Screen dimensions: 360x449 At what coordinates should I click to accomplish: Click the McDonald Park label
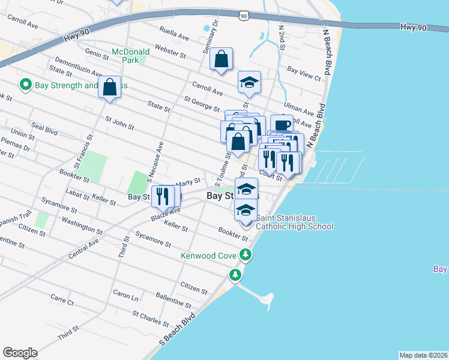[x=131, y=56]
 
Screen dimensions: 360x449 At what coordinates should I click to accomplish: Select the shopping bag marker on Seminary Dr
[x=221, y=60]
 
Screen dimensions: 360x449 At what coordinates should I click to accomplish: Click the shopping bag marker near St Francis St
[x=110, y=88]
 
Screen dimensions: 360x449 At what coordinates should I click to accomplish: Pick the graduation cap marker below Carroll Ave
[x=249, y=83]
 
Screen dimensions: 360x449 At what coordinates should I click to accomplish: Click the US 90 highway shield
[x=243, y=17]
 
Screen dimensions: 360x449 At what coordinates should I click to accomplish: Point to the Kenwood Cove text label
[x=209, y=256]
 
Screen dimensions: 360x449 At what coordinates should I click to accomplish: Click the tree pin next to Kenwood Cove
[x=246, y=256]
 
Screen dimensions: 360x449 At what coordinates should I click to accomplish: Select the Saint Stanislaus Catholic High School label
[x=294, y=222]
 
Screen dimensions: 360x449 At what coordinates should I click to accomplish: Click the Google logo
[x=20, y=353]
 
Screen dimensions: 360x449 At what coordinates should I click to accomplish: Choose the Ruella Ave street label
[x=174, y=33]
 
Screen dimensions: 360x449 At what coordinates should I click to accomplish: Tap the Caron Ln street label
[x=125, y=295]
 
